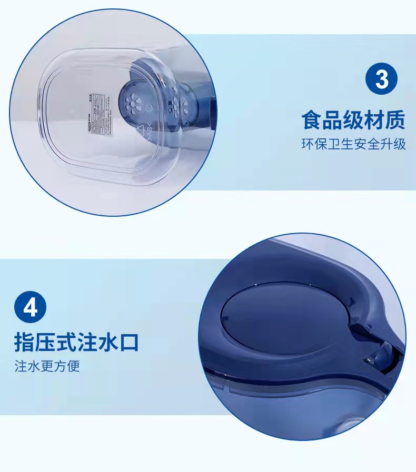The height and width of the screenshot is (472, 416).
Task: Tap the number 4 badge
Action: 31,307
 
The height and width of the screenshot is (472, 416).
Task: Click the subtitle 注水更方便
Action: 47,366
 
